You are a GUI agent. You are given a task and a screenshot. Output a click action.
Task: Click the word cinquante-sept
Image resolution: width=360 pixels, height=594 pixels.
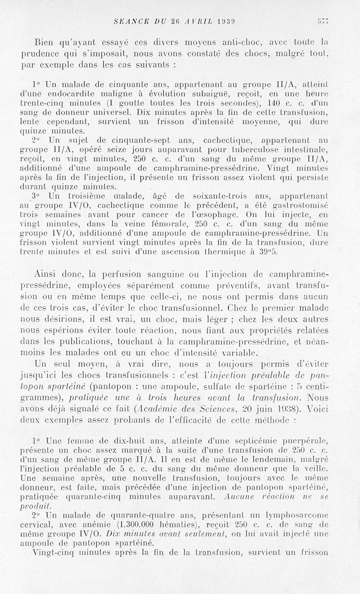pos(119,140)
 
